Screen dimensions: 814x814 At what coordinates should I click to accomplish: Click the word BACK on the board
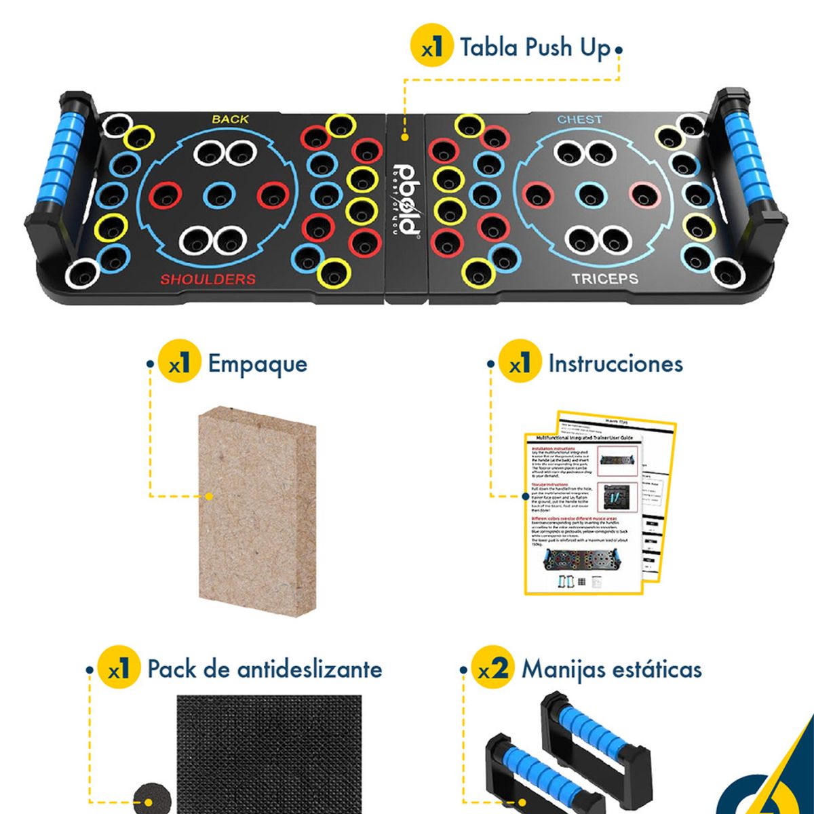231,119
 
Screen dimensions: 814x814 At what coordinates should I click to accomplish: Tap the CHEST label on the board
579,119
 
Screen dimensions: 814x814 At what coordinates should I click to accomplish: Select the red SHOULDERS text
208,279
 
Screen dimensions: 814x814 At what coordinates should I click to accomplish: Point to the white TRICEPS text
604,279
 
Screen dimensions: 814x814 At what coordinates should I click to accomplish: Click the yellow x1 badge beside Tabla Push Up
432,47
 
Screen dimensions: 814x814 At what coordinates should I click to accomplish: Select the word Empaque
257,364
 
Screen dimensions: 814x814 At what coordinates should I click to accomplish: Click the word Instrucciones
615,364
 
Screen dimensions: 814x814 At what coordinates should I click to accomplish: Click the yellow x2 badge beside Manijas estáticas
492,670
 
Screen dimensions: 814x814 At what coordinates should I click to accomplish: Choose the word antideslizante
309,670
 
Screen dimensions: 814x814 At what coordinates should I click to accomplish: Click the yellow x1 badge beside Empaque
179,364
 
